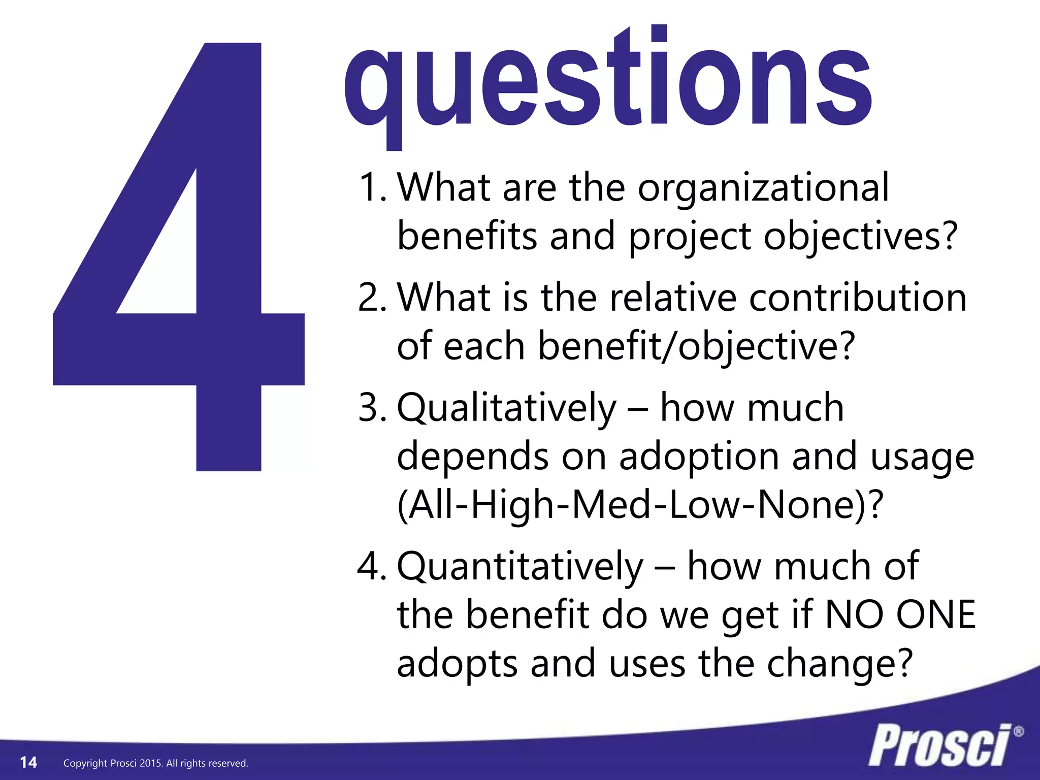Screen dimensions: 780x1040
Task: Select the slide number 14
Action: pos(28,762)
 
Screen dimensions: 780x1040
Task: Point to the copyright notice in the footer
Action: pos(155,763)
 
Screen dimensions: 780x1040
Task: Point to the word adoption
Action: pos(700,457)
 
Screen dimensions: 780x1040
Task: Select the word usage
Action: pos(922,457)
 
